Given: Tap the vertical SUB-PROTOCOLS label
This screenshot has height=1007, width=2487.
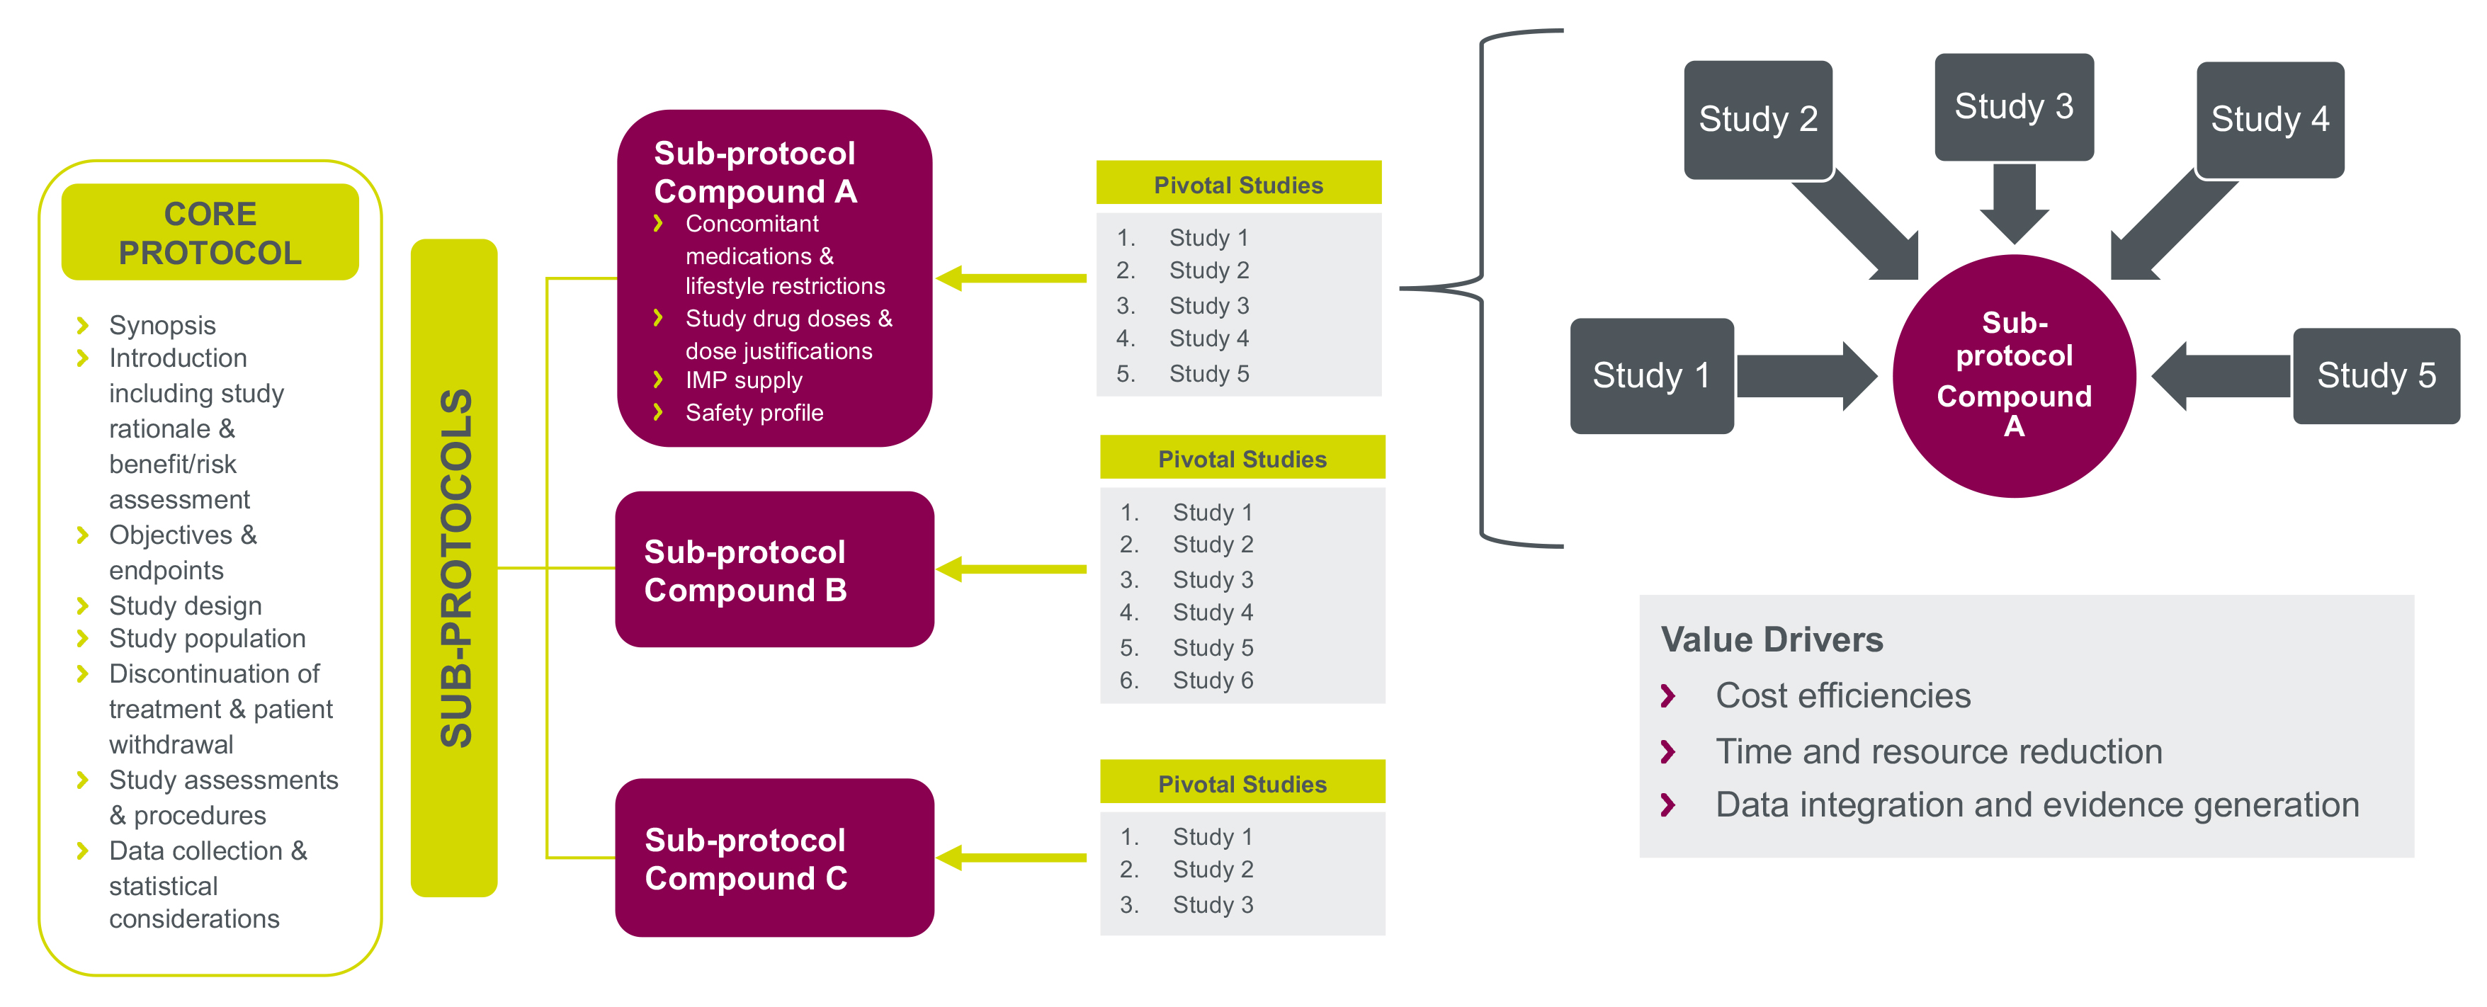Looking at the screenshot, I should click(x=455, y=568).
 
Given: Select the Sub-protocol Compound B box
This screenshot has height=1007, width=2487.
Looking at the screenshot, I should click(x=774, y=569).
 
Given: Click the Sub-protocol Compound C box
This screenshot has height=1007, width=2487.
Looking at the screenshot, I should click(x=774, y=858).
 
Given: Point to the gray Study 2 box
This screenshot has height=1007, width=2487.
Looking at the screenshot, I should click(x=1757, y=120).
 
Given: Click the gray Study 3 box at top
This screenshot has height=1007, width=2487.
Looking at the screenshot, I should click(x=2013, y=106).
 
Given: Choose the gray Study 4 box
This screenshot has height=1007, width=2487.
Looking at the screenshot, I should click(x=2269, y=120).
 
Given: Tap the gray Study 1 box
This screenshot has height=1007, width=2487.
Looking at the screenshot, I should click(x=1651, y=375).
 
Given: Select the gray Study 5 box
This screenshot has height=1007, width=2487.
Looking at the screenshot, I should click(x=2375, y=375).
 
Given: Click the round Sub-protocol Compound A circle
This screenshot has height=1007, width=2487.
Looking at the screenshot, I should click(x=2014, y=375).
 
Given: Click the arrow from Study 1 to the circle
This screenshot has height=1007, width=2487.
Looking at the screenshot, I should click(x=1806, y=375).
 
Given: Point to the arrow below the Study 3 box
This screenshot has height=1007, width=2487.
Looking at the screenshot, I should click(x=2014, y=203).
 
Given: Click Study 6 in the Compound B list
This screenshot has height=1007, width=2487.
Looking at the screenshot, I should click(x=1213, y=681).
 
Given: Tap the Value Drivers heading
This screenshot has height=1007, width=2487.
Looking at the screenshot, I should click(x=1771, y=640).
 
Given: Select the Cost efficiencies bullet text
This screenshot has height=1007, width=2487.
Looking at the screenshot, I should click(x=1842, y=696).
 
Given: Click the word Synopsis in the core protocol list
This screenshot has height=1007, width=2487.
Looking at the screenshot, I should click(x=162, y=325).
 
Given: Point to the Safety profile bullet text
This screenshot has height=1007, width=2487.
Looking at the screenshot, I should click(x=754, y=414).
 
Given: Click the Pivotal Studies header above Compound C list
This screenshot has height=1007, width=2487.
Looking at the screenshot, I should click(x=1242, y=784).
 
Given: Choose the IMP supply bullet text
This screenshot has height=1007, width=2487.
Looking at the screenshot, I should click(x=743, y=380).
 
